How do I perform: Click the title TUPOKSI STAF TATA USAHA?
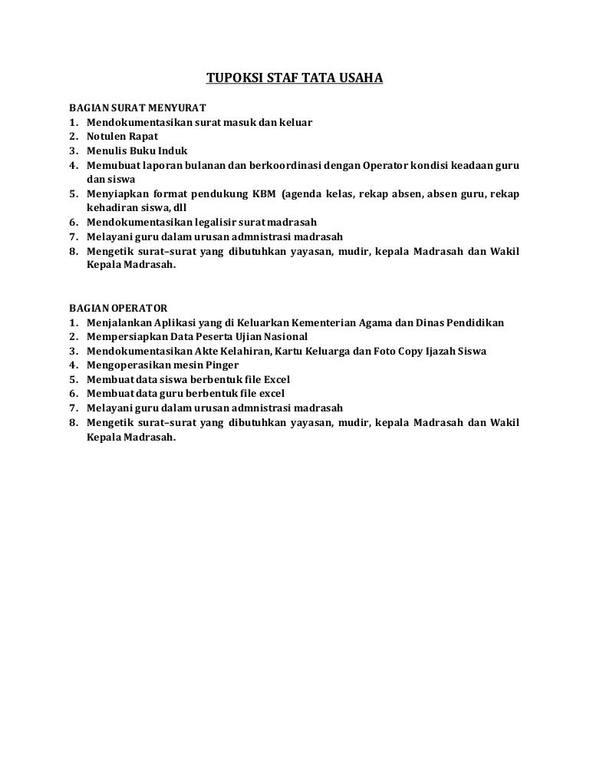click(294, 78)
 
